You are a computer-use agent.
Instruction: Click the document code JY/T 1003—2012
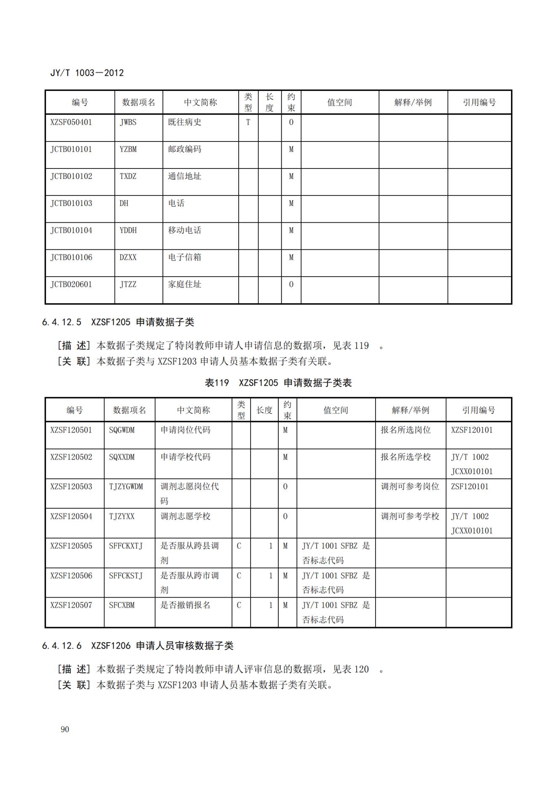point(87,73)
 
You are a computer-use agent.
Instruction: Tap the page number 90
point(65,729)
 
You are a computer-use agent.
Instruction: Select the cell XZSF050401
point(71,123)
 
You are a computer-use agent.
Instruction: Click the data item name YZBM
point(128,150)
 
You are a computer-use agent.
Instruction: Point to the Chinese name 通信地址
point(184,176)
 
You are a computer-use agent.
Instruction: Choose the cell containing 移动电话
point(184,230)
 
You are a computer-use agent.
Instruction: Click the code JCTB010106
point(71,257)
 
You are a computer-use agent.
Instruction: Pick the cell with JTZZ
point(128,284)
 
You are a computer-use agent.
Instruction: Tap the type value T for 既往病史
point(248,123)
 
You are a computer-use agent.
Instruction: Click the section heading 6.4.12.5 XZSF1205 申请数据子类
point(118,322)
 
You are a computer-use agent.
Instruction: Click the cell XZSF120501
point(71,430)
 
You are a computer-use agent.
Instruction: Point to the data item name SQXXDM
point(122,457)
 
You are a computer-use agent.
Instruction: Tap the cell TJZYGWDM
point(126,486)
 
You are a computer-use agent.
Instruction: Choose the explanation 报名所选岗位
point(405,430)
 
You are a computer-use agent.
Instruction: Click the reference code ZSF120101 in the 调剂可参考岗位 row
point(469,486)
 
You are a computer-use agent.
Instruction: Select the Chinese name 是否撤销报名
point(185,605)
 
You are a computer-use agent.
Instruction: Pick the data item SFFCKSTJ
point(126,576)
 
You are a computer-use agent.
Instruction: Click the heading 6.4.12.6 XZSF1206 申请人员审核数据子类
point(137,646)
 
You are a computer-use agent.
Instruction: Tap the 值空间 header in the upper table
point(339,102)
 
